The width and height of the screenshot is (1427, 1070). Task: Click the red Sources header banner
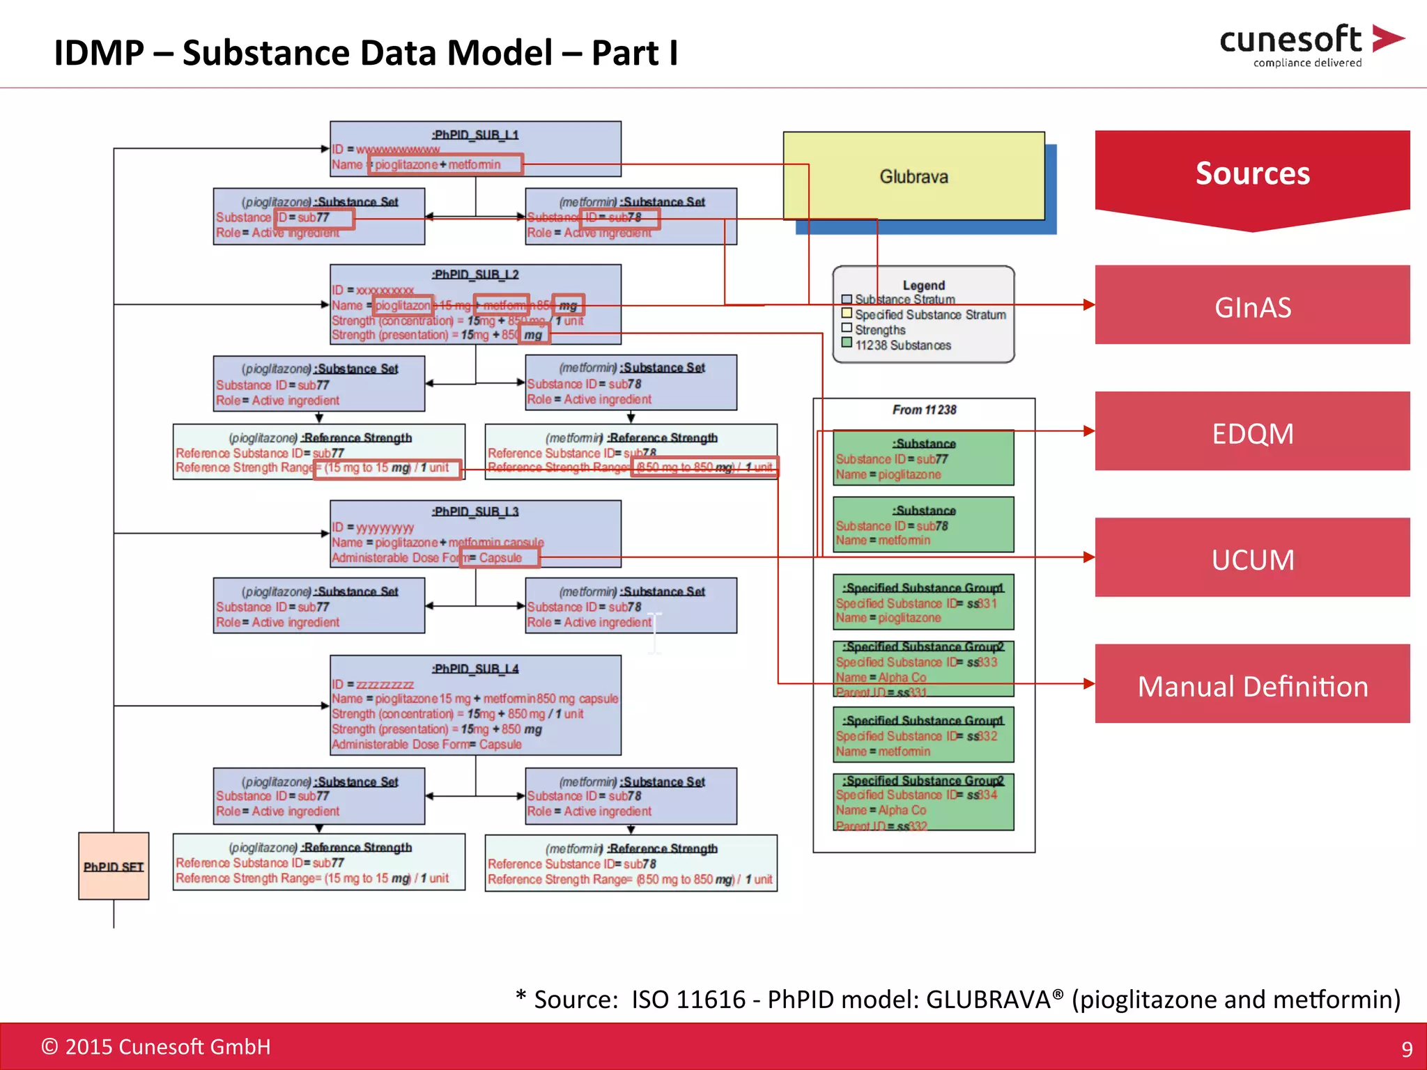point(1252,174)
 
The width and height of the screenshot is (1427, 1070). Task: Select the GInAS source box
point(1252,307)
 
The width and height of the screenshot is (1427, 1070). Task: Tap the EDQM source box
point(1252,433)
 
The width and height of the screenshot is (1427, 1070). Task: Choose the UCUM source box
point(1252,559)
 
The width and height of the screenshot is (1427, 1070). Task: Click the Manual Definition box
point(1252,685)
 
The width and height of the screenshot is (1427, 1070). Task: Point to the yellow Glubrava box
point(913,177)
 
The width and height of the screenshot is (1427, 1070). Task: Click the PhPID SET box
point(114,866)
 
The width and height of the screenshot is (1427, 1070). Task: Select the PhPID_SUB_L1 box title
point(475,134)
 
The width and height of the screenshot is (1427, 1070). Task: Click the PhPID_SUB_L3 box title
point(475,511)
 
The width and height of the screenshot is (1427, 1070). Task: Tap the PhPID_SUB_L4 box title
point(475,669)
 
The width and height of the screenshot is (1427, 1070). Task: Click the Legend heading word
point(923,286)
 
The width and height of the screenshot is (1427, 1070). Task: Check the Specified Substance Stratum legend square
point(847,314)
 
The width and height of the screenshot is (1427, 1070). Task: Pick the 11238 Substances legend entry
point(902,346)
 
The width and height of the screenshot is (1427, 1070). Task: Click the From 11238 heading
point(924,410)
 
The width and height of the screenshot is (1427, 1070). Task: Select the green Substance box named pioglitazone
point(923,458)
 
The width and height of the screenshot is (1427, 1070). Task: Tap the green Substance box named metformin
point(923,525)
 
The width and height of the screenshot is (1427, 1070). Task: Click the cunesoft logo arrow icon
point(1387,38)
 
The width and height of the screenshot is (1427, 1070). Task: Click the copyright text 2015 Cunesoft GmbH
point(156,1047)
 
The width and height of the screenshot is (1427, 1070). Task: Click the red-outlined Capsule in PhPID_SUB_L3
point(500,558)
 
